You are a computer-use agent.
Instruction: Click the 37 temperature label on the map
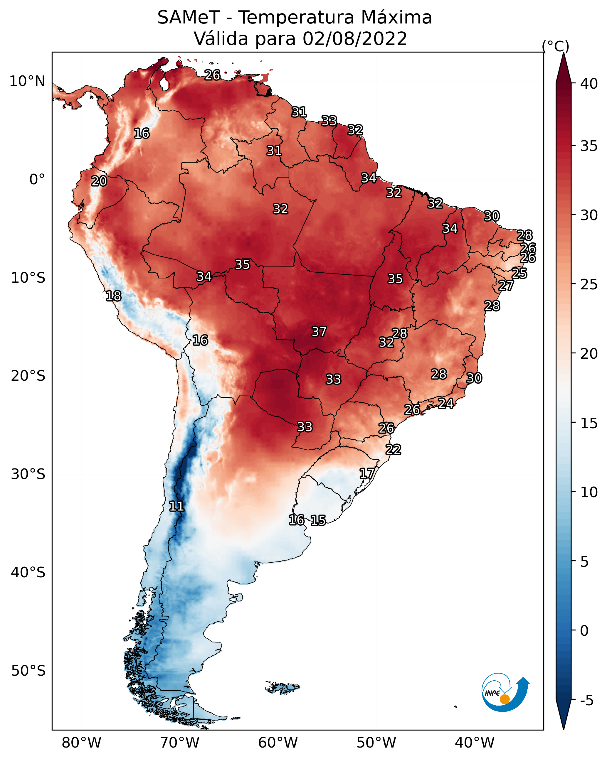pos(319,332)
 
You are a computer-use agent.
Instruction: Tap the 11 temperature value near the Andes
pos(176,506)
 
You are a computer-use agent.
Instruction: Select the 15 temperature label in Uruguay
pos(318,520)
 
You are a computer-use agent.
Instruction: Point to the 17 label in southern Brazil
pos(367,473)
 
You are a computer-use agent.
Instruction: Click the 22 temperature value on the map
pos(393,450)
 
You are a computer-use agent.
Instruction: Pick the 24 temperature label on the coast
pos(446,403)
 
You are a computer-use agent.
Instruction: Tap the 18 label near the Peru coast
pos(113,296)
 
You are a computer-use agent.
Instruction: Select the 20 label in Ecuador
pos(99,181)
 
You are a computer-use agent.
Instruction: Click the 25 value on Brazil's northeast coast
pos(519,273)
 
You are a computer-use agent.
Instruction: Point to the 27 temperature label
pos(506,286)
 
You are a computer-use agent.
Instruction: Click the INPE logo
pos(505,692)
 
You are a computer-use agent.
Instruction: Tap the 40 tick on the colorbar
pos(589,84)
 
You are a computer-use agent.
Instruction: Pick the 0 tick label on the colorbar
pos(584,631)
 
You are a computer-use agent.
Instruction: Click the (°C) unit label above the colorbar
pos(555,46)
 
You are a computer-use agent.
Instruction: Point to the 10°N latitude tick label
pos(27,81)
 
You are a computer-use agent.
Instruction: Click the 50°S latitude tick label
pos(28,671)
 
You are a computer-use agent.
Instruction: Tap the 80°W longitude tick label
pos(81,743)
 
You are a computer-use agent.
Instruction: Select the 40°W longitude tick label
pos(475,743)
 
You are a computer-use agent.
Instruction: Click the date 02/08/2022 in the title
pos(354,39)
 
